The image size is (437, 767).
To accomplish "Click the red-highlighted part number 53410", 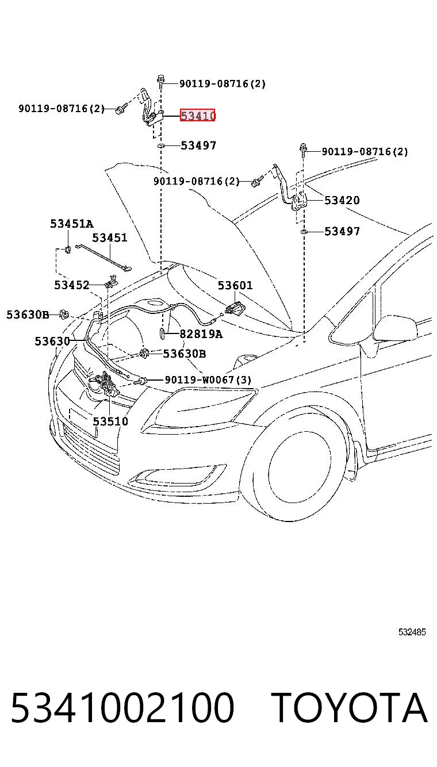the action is (198, 116).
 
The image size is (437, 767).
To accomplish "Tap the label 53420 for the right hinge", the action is (342, 200).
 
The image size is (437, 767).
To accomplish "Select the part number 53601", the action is (235, 285).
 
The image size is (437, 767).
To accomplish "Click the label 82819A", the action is (201, 334).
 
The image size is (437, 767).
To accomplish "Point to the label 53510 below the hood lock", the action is (110, 421).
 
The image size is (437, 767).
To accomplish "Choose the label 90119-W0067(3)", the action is (208, 379).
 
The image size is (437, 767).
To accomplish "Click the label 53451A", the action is (71, 224).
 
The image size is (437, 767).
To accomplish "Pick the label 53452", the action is (71, 285).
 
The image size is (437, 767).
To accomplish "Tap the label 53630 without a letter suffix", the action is (52, 341).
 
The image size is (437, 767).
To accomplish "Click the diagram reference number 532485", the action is (412, 632).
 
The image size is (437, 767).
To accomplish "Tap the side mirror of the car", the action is (396, 328).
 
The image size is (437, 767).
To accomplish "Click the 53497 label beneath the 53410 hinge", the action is (198, 145).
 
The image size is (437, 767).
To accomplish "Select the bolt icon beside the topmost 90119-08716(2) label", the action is (160, 81).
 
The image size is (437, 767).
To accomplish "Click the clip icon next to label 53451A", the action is (68, 249).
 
